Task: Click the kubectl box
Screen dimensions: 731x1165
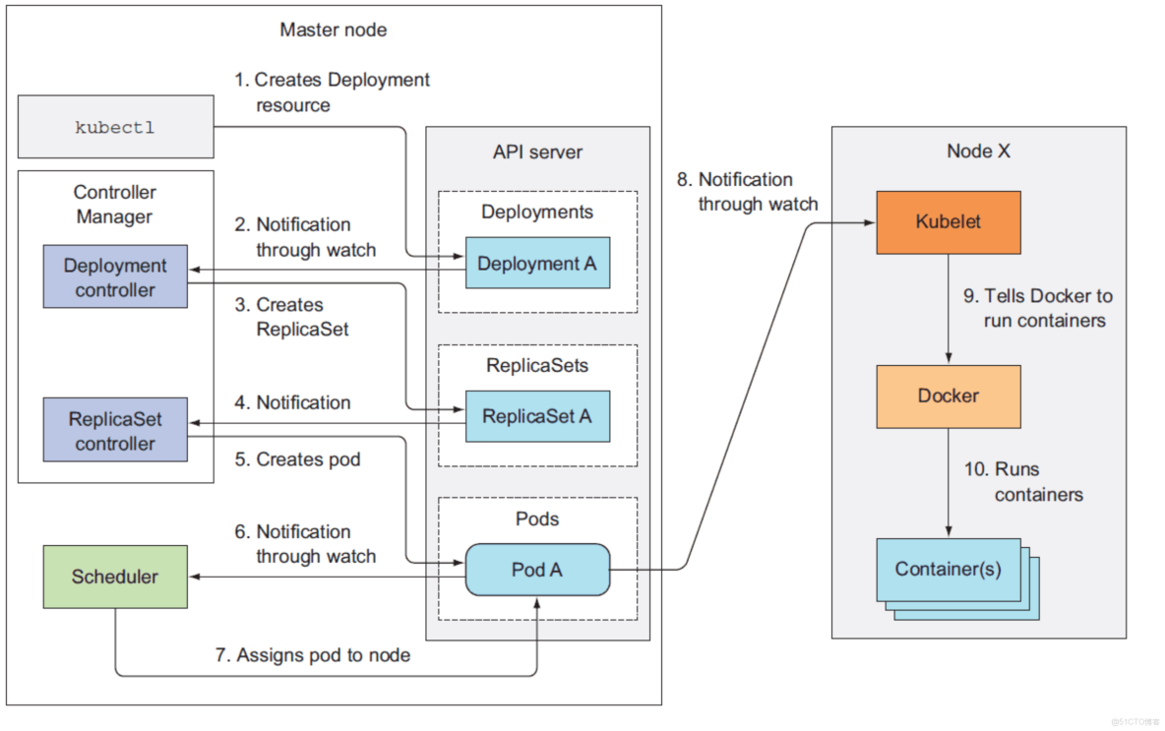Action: pos(115,127)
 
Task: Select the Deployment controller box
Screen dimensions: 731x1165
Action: pos(115,277)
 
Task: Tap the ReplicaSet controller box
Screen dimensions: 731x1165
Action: pos(115,431)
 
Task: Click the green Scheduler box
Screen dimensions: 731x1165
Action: pos(115,577)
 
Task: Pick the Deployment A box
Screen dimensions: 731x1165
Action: pos(536,264)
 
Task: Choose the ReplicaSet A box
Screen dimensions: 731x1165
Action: pos(536,416)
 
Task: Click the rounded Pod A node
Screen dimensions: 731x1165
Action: pos(536,570)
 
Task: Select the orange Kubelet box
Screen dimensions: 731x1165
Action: pos(948,222)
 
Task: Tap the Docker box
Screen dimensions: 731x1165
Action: pos(948,396)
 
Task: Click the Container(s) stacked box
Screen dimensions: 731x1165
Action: pos(948,569)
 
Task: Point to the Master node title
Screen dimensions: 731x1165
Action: pos(334,30)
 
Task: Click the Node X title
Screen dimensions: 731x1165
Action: pos(978,151)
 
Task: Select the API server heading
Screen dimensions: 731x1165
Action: pos(537,152)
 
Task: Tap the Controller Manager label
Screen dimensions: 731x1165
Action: pos(115,204)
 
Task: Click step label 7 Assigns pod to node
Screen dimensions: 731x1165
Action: pos(313,654)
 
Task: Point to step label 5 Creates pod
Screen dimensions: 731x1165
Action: pos(297,459)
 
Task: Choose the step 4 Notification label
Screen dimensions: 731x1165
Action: pos(292,402)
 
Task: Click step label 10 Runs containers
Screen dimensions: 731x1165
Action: pos(1023,482)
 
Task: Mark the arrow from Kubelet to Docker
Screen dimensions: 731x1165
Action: pos(948,309)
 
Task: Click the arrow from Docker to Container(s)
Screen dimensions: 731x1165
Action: pos(948,482)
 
